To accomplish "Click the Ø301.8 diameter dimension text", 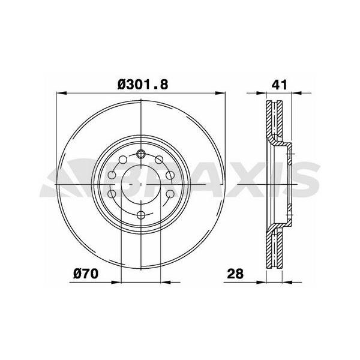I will point(142,85).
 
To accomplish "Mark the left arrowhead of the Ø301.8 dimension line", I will point(60,94).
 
